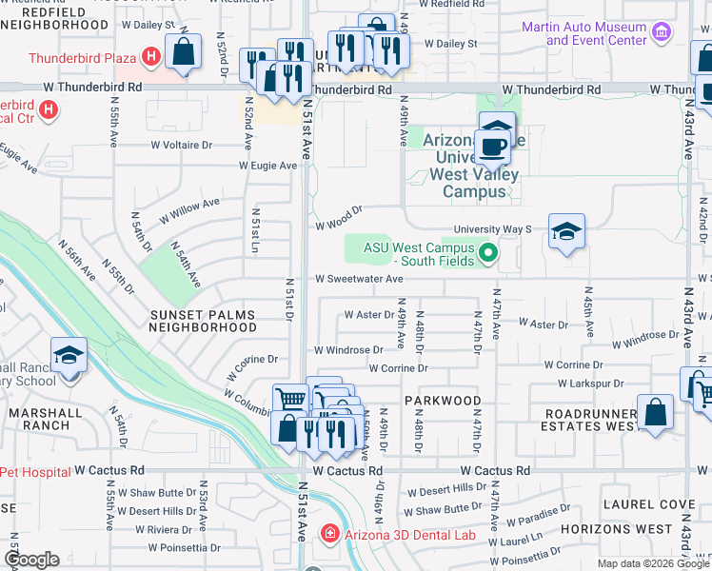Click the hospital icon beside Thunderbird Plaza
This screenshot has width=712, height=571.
coord(149,57)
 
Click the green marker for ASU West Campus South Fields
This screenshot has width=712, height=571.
coord(488,253)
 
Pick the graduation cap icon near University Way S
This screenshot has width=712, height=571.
coord(566,232)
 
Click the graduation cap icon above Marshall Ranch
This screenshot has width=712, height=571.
coord(69,356)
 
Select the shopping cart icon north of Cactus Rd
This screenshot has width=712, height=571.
coord(290,401)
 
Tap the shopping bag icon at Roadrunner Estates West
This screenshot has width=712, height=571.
coord(656,413)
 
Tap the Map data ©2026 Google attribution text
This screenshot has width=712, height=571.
coord(652,563)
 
